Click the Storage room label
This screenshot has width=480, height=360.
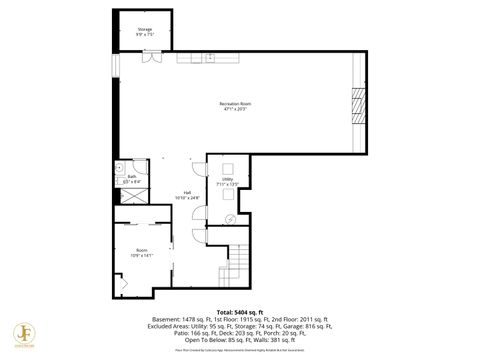click(145, 30)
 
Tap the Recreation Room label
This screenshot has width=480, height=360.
click(236, 104)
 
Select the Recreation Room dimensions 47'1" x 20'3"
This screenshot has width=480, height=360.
click(236, 109)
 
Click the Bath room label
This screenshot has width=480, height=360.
click(131, 177)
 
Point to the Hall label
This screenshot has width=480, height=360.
click(187, 193)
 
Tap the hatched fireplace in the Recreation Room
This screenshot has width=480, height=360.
click(357, 104)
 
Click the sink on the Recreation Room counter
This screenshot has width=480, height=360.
click(211, 58)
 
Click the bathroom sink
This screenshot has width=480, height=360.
click(119, 168)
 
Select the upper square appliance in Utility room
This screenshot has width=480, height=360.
click(226, 167)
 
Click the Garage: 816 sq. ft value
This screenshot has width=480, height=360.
click(311, 327)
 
